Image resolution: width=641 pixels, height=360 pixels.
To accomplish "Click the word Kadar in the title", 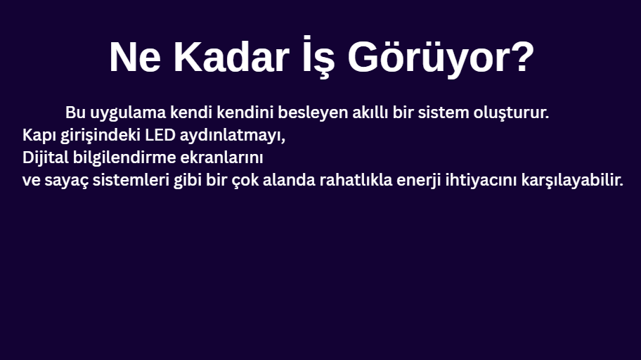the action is pos(231,57).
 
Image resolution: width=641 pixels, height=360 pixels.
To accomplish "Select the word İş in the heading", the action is pos(319,56).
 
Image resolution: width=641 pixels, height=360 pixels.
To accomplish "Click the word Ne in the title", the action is pos(135,57).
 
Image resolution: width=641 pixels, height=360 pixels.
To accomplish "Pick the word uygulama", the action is pos(128,113).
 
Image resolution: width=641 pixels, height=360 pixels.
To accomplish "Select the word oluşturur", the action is pos(511,113).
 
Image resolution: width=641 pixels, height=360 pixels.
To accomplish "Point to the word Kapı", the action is pos(39,136).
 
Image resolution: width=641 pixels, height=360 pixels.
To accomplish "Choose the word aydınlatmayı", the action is pos(232,136).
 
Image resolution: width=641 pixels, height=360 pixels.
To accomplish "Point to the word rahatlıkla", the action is pos(356,179).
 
